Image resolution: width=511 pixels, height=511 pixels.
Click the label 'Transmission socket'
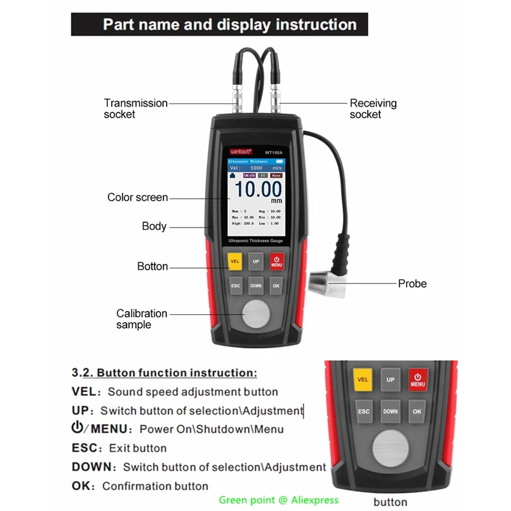click(x=135, y=109)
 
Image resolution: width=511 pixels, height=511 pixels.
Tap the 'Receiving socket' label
click(x=373, y=109)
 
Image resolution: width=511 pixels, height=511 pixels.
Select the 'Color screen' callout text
click(x=137, y=197)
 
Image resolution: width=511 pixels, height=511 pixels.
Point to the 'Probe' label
click(x=412, y=283)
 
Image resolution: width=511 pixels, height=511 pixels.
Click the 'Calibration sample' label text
click(x=141, y=319)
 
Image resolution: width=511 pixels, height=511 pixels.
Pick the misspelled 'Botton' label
click(x=153, y=266)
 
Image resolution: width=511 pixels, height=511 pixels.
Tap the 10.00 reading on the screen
click(x=257, y=189)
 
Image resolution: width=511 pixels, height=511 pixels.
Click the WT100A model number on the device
click(x=273, y=153)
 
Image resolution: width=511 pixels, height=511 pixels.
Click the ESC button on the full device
click(x=236, y=286)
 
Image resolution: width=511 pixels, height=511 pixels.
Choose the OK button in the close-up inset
click(x=417, y=412)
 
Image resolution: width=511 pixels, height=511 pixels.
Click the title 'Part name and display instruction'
click(x=229, y=25)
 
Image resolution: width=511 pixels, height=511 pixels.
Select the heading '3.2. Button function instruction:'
click(x=164, y=372)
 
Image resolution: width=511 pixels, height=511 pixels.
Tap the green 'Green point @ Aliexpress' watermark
click(x=278, y=500)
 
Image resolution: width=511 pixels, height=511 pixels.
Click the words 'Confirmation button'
click(x=155, y=486)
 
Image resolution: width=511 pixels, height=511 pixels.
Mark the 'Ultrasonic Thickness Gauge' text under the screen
click(x=256, y=240)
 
